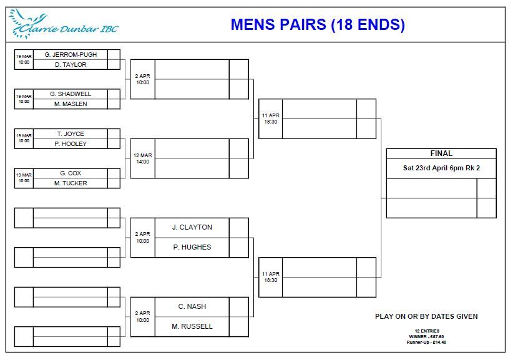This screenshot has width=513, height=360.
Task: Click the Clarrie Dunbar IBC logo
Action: (x=64, y=24)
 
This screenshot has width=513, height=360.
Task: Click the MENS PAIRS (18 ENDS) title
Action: (x=318, y=24)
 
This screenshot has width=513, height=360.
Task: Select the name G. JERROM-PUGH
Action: (x=71, y=55)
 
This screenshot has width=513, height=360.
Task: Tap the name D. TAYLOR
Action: (x=71, y=65)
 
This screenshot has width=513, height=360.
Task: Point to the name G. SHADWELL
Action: (x=71, y=94)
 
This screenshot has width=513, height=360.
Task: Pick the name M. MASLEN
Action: (x=71, y=104)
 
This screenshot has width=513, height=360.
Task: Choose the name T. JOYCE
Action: (x=71, y=134)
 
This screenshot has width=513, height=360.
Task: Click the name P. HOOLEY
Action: (x=71, y=144)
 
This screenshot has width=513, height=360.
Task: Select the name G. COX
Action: (x=71, y=173)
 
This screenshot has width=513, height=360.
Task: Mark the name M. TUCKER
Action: (x=71, y=183)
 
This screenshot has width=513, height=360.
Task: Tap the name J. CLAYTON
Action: (x=192, y=227)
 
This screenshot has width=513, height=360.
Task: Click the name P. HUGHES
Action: (x=192, y=247)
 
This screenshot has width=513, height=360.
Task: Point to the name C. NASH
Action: (x=192, y=306)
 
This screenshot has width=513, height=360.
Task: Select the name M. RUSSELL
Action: (x=192, y=326)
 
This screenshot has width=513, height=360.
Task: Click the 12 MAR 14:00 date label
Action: (x=143, y=158)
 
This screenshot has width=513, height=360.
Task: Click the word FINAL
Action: (x=441, y=153)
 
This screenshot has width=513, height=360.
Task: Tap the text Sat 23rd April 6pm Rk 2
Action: (x=441, y=168)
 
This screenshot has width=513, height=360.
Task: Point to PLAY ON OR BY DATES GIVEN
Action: (x=426, y=316)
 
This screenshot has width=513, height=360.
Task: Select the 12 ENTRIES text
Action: (x=427, y=331)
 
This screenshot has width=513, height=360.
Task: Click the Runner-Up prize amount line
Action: (x=426, y=343)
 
